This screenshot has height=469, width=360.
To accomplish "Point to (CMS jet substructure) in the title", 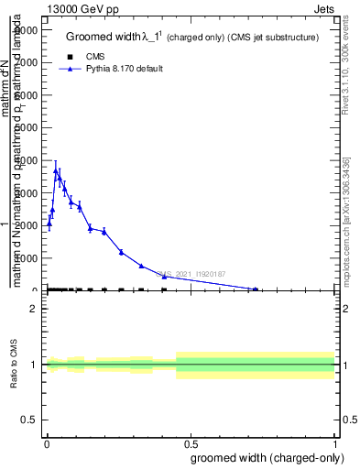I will point(273,38).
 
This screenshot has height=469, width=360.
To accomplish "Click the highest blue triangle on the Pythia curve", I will point(56,170).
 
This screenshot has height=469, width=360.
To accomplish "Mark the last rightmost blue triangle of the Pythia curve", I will point(256,289).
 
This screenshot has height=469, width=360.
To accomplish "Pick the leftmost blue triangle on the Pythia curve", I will point(49,223).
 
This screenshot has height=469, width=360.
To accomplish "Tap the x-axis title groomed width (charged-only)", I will point(266,457).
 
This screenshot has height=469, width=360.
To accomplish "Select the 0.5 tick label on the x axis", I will point(191,442).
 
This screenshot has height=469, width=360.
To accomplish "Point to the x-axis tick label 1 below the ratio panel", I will point(336,442).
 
